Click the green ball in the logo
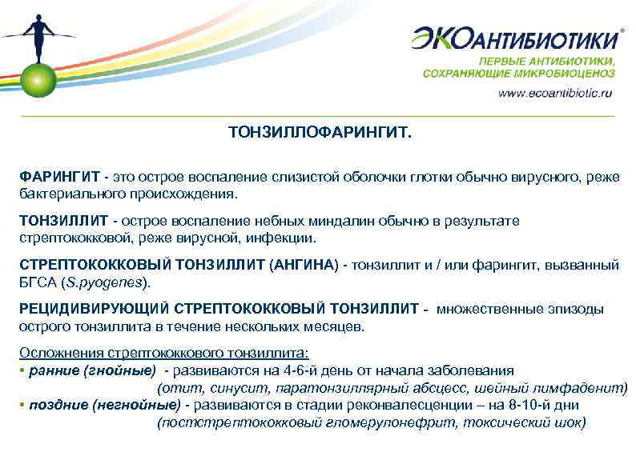coord(38,78)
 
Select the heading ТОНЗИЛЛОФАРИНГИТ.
coord(318,131)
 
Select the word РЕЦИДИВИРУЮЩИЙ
coord(95,309)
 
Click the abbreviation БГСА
coord(37,282)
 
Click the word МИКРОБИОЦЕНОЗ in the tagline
coord(577,73)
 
